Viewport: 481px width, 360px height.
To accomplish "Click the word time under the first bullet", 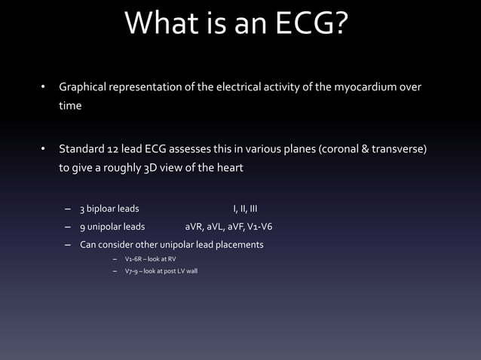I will pos(71,107).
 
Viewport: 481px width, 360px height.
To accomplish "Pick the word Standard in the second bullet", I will pos(82,149).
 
